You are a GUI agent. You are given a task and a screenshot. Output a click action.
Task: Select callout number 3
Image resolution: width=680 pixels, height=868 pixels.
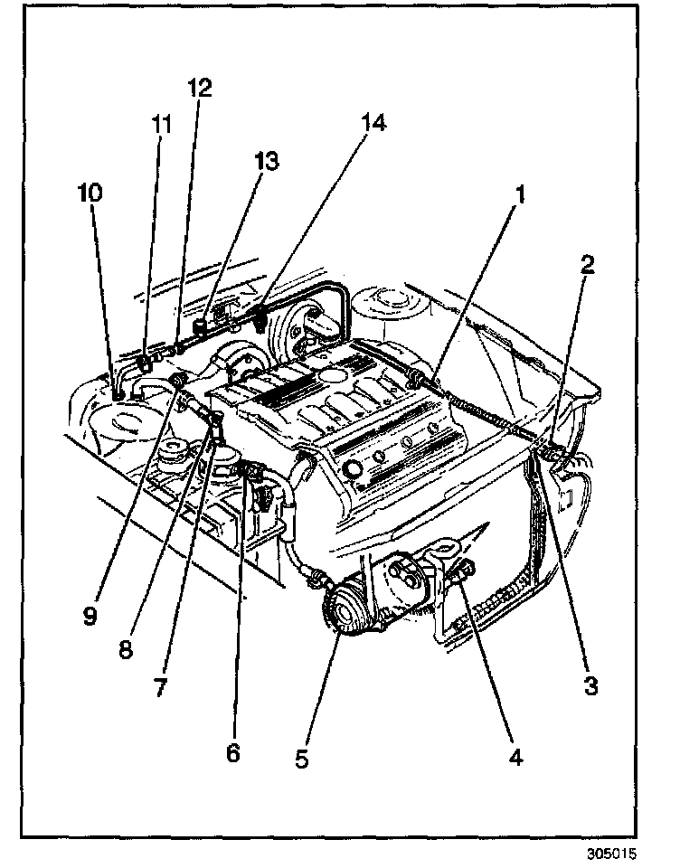point(590,686)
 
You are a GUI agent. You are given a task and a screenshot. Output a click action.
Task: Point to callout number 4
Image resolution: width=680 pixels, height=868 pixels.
point(515,756)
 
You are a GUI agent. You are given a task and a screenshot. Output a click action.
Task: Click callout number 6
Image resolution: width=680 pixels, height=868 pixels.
point(233,752)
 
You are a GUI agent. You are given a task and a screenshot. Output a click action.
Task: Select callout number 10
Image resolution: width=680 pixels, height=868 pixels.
point(90,193)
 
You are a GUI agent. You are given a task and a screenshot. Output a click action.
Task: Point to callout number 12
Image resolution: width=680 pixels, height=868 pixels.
point(199,88)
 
